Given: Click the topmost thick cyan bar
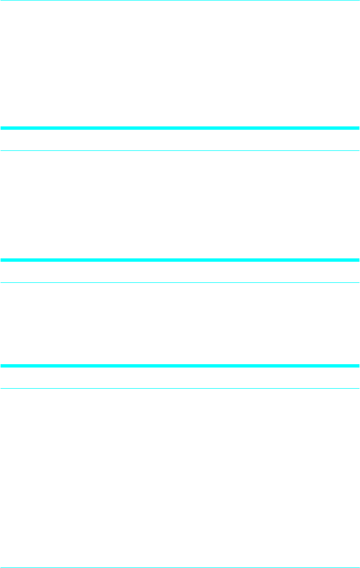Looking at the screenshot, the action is (x=180, y=128).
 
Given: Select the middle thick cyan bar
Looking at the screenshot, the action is (x=180, y=259).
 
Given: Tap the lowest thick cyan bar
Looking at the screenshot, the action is (x=180, y=365).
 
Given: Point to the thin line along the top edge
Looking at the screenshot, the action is (x=180, y=1).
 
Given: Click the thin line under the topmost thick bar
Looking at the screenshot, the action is (x=180, y=151).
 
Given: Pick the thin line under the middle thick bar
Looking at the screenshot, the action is (x=180, y=282).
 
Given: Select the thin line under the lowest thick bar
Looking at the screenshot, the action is (x=180, y=388).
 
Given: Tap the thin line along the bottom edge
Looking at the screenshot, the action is (x=180, y=567).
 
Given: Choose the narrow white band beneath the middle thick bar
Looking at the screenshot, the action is (x=180, y=272).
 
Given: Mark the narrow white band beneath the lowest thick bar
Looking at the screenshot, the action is (x=180, y=378).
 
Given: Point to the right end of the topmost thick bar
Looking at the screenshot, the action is (x=358, y=128).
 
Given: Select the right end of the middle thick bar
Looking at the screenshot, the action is (x=358, y=259).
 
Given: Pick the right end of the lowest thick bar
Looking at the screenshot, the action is (x=358, y=365).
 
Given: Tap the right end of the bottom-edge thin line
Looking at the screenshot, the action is (x=358, y=567).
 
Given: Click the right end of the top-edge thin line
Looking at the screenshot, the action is (x=358, y=1).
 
